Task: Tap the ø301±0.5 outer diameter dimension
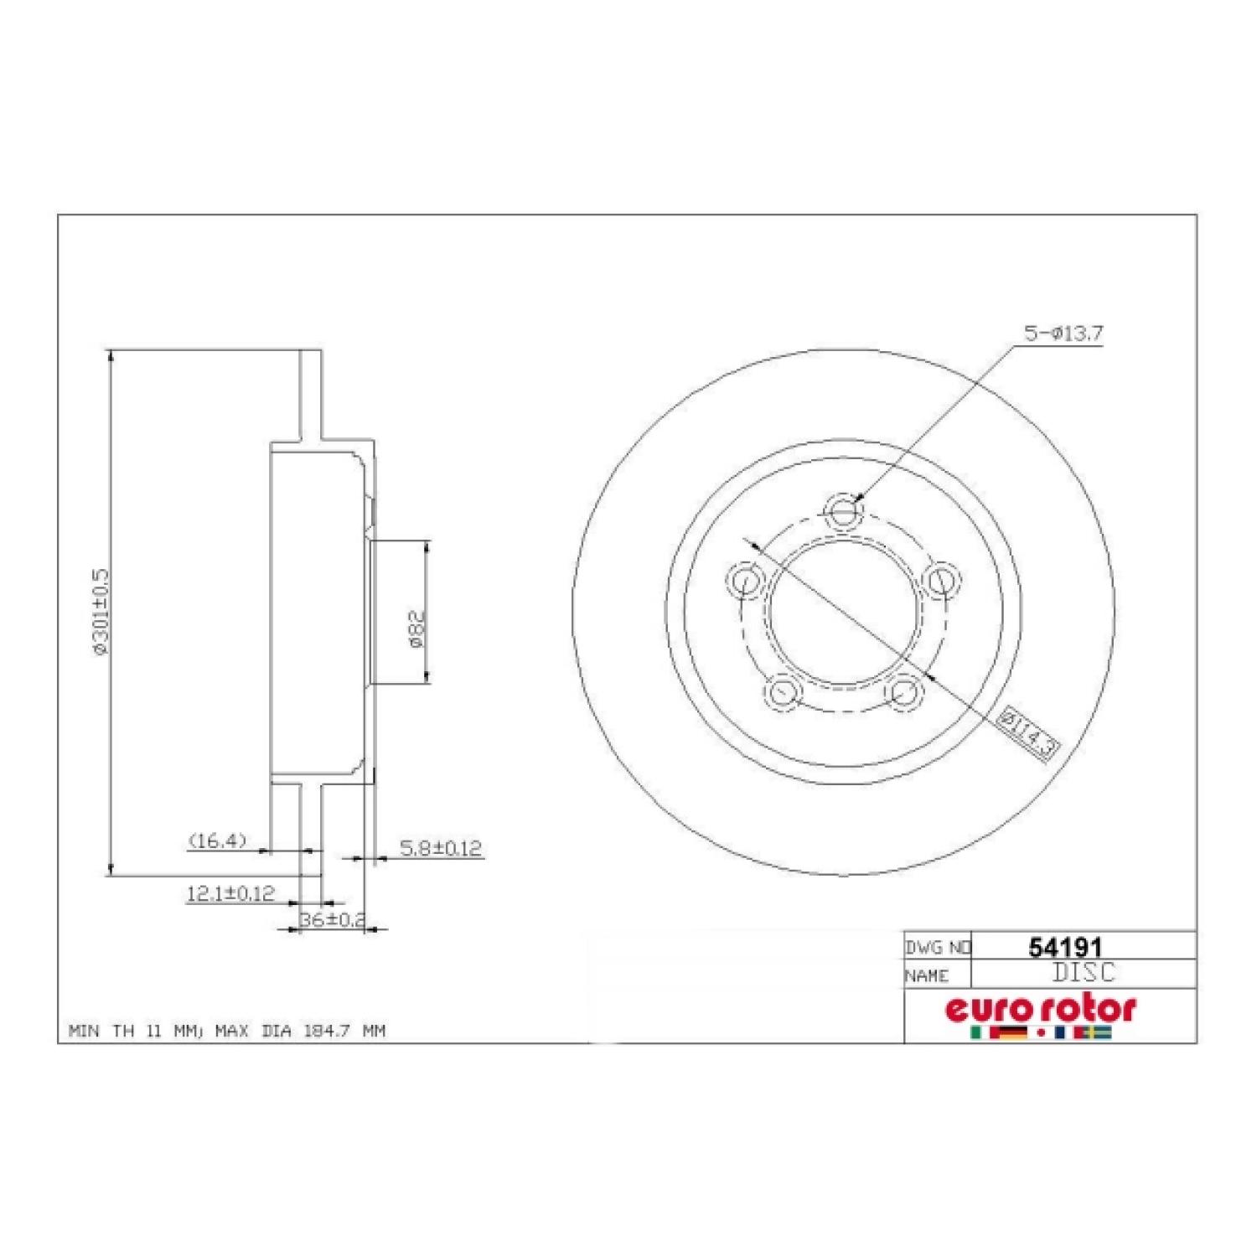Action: pyautogui.click(x=102, y=612)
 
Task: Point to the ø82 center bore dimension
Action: pyautogui.click(x=418, y=627)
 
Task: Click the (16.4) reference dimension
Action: pyautogui.click(x=217, y=840)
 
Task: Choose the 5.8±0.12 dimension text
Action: pyautogui.click(x=441, y=848)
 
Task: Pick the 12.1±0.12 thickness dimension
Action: pyautogui.click(x=230, y=894)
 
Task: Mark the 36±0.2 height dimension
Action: pyautogui.click(x=333, y=919)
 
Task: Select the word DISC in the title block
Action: pyautogui.click(x=1084, y=973)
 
